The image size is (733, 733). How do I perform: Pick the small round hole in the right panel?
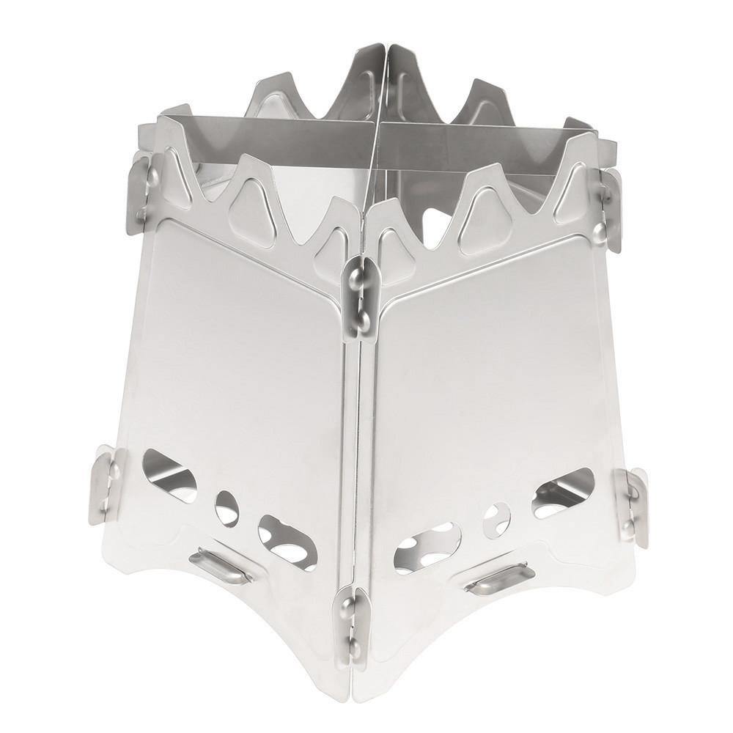click(496, 520)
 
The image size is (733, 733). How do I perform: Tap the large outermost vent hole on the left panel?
click(169, 475)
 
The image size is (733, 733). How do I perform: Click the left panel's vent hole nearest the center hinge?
click(287, 542)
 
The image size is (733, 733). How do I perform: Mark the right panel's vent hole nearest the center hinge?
click(427, 547)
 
